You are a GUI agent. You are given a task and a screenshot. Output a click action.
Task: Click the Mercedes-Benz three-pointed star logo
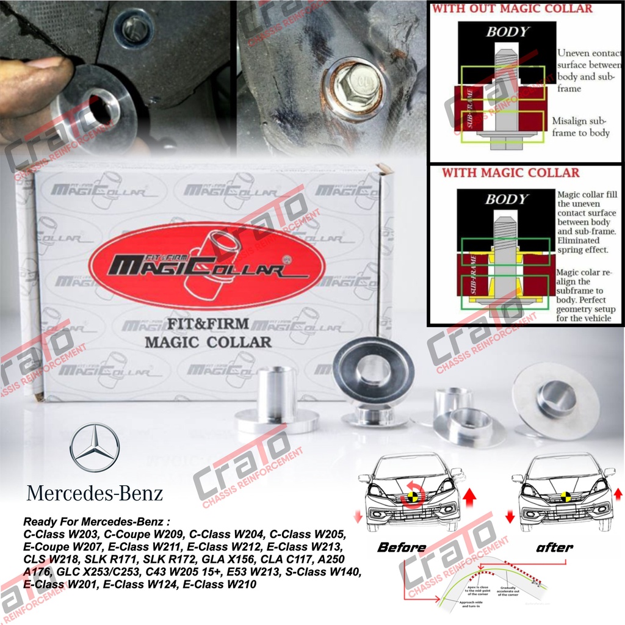(x=95, y=451)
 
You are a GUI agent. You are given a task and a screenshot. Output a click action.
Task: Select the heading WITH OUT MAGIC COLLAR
(x=512, y=9)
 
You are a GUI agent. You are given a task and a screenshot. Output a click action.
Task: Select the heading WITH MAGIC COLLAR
(x=510, y=173)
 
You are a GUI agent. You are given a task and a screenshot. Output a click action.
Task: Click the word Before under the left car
(x=401, y=547)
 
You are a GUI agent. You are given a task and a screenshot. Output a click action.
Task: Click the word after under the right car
(x=554, y=547)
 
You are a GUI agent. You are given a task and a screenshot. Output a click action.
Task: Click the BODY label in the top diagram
(x=507, y=32)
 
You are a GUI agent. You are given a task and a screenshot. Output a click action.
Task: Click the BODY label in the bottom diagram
(x=505, y=199)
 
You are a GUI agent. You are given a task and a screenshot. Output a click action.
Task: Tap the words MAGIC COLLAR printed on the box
(x=208, y=342)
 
